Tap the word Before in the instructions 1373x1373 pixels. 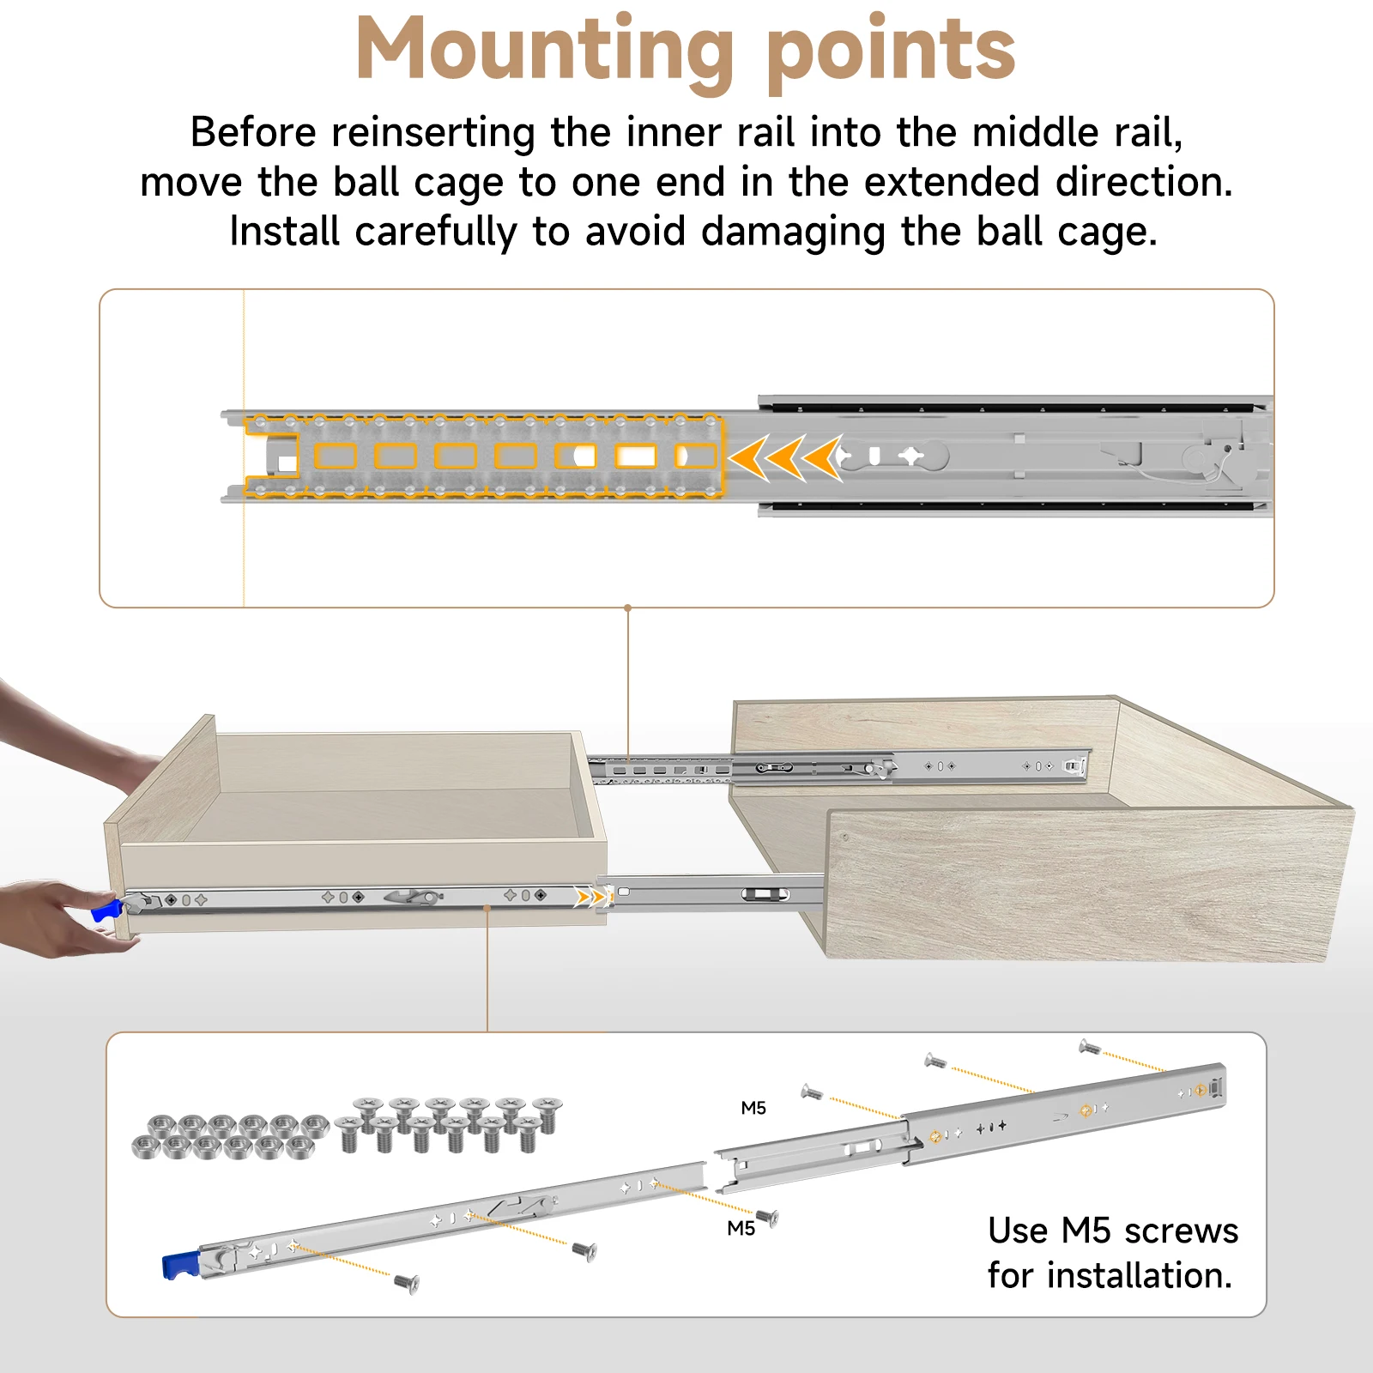[x=253, y=133]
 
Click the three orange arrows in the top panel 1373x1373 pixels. [x=786, y=457]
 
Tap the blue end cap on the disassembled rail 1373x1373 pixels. [x=179, y=1267]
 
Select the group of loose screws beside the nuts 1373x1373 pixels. [x=448, y=1123]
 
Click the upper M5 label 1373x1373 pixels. [x=753, y=1108]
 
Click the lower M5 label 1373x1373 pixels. [x=741, y=1228]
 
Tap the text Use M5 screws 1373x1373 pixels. [x=1112, y=1231]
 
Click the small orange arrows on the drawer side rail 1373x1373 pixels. [x=592, y=898]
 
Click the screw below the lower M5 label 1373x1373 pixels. [x=767, y=1217]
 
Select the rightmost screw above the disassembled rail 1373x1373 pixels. [x=1089, y=1046]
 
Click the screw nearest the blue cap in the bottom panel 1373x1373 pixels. [x=407, y=1283]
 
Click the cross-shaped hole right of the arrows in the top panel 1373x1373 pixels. [x=911, y=456]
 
